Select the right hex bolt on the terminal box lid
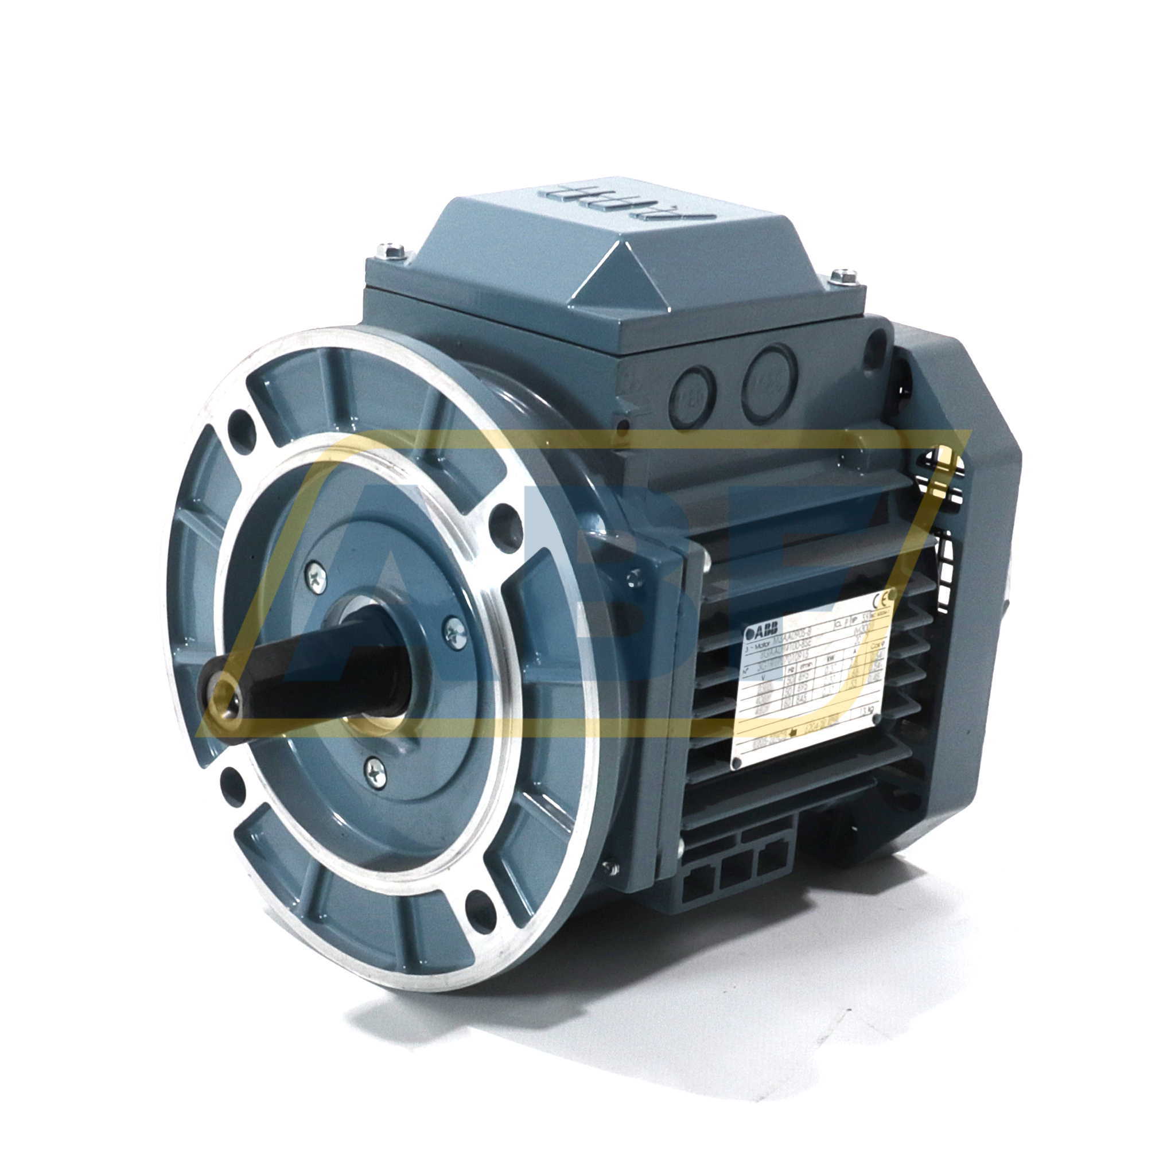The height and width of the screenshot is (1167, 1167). (x=841, y=278)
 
